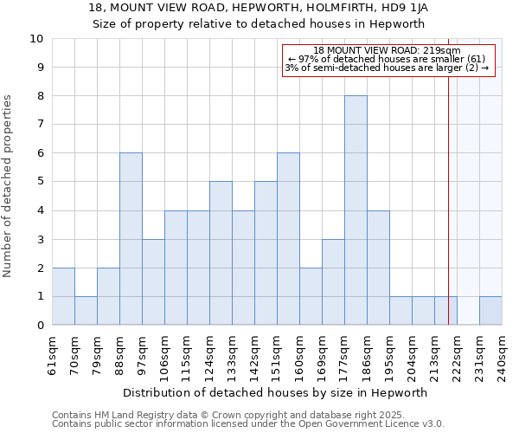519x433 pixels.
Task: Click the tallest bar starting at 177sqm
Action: (356, 210)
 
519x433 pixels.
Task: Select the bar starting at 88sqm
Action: (131, 239)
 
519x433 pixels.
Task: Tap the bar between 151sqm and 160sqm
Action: (288, 239)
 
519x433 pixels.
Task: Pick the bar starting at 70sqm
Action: (86, 310)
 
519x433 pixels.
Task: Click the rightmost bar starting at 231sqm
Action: (490, 310)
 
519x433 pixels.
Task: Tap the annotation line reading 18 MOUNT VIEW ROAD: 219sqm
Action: (387, 51)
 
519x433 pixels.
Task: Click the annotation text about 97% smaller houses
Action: (387, 59)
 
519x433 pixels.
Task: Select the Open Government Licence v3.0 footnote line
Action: (248, 423)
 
